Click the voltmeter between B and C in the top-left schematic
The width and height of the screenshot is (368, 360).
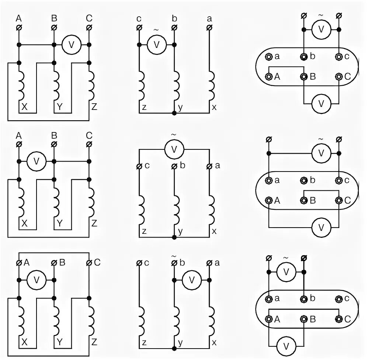[71, 45]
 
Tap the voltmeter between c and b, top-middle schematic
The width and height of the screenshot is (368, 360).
[156, 45]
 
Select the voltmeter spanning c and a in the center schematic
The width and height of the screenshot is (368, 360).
[174, 149]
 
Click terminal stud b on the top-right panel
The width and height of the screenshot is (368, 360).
[304, 57]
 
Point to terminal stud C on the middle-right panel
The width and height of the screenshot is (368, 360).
[339, 200]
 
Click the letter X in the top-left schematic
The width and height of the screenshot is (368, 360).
[24, 107]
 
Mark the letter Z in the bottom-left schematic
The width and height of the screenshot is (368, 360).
[94, 342]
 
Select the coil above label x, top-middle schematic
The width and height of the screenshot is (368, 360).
[211, 86]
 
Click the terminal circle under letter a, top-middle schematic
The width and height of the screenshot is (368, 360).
[209, 28]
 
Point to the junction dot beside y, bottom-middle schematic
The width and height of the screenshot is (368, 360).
[174, 348]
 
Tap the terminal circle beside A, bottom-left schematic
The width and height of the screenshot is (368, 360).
[19, 263]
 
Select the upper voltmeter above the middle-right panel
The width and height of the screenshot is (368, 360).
[321, 153]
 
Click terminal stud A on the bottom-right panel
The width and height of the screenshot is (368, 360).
[269, 319]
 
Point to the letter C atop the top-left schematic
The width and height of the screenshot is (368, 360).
[89, 18]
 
